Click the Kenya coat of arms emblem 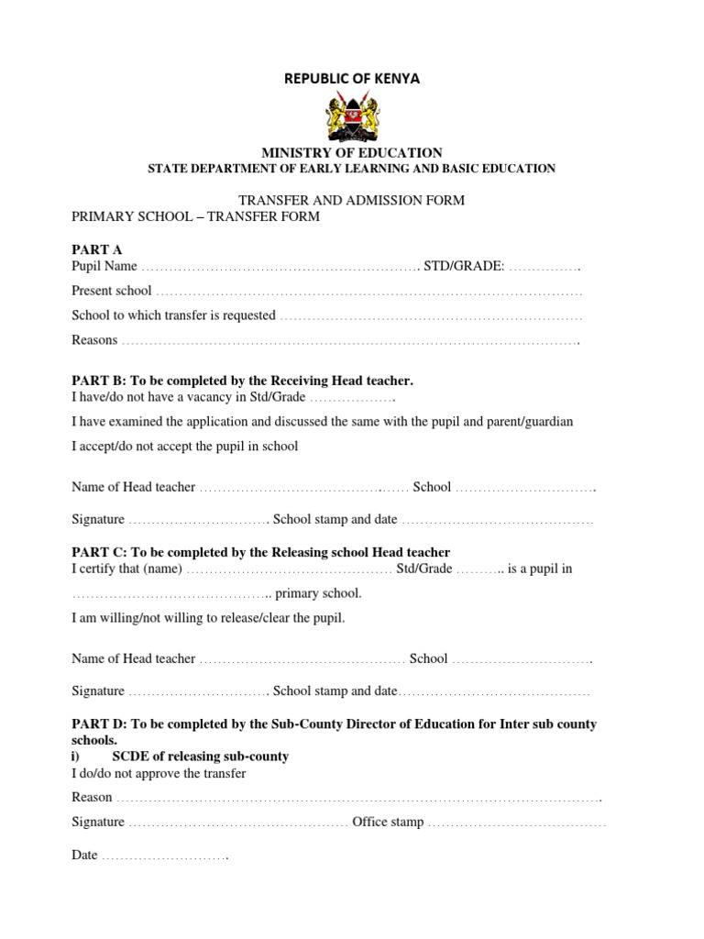click(352, 116)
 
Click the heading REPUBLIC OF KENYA click(351, 79)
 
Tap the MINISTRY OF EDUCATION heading click(352, 153)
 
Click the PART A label click(96, 249)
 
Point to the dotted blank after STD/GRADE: click(544, 267)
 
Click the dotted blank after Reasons click(350, 341)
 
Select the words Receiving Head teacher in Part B click(339, 380)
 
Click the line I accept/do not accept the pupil click(185, 447)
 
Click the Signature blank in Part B click(197, 520)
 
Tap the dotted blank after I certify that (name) click(290, 569)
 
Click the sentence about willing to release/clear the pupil click(209, 618)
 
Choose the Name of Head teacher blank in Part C click(302, 659)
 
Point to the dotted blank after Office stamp click(517, 823)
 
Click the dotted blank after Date click(164, 856)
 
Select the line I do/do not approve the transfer click(159, 774)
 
